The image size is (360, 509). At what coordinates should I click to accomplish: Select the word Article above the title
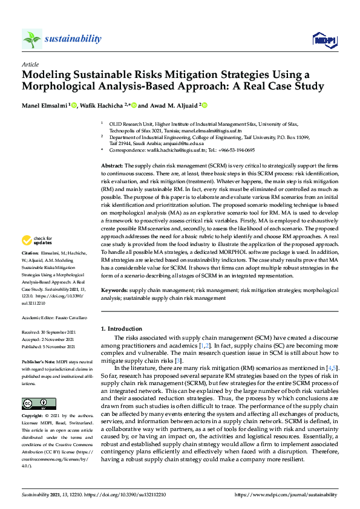(x=30, y=64)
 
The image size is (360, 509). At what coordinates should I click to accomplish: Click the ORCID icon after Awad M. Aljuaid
(x=221, y=105)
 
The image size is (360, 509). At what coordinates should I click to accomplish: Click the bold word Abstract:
(x=112, y=166)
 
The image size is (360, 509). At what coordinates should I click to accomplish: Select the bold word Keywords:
(x=114, y=290)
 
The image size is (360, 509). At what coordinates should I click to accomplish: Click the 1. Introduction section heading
(x=121, y=329)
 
